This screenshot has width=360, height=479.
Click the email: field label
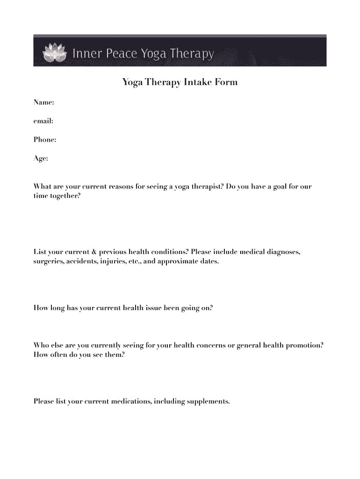(x=43, y=121)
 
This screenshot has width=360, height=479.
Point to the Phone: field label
(x=45, y=139)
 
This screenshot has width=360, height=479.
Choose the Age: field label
(x=41, y=159)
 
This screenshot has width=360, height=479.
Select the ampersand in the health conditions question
(x=94, y=252)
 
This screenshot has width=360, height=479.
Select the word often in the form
(x=58, y=355)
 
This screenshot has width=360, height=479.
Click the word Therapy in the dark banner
(x=192, y=54)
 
